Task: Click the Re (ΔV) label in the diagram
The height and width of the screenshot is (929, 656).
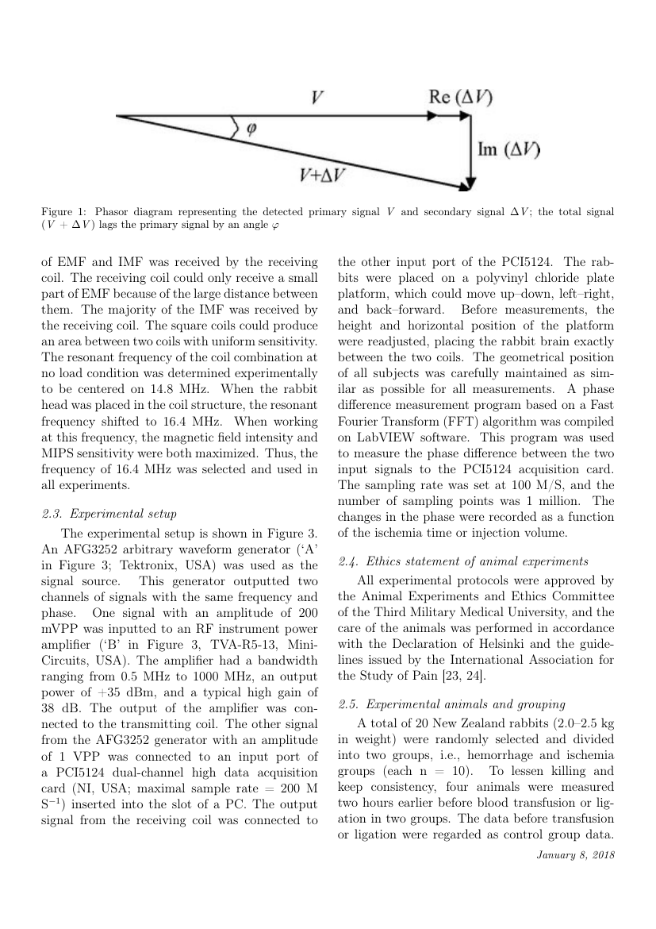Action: click(x=459, y=98)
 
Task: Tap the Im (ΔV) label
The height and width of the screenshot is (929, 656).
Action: click(x=508, y=149)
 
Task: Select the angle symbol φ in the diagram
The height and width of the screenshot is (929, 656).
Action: click(x=251, y=127)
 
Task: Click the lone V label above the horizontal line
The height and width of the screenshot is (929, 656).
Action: click(x=316, y=98)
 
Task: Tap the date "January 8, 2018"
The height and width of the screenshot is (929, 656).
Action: click(x=575, y=854)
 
